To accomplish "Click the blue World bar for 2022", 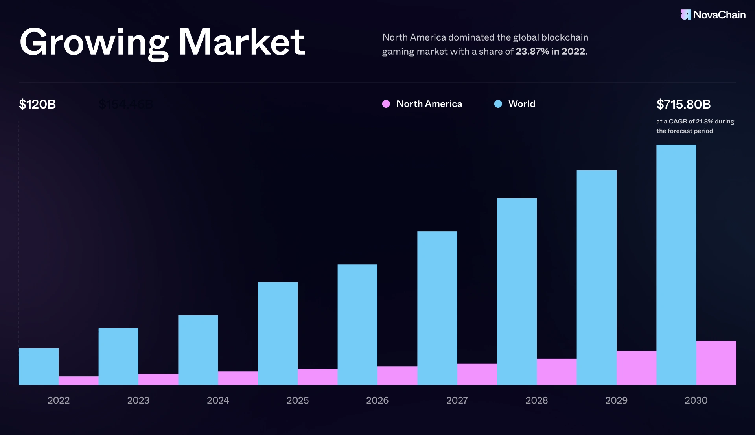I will [x=39, y=367].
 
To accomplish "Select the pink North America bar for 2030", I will [x=716, y=363].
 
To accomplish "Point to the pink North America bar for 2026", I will [x=397, y=376].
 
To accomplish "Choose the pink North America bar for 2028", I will [x=556, y=372].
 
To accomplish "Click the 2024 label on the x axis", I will [x=218, y=400].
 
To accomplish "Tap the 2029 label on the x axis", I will [x=616, y=400].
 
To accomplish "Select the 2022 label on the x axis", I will [x=59, y=400].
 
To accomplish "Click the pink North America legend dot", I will [x=386, y=104].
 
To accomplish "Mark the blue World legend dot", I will [x=498, y=104].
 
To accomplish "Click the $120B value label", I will [x=37, y=104].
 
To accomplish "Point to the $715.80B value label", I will [x=683, y=104].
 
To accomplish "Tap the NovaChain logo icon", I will [x=685, y=15].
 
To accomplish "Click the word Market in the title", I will [x=241, y=42].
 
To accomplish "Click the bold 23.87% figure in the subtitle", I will [x=532, y=52].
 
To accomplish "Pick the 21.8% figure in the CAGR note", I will [x=704, y=122].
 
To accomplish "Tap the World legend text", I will [x=521, y=104].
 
